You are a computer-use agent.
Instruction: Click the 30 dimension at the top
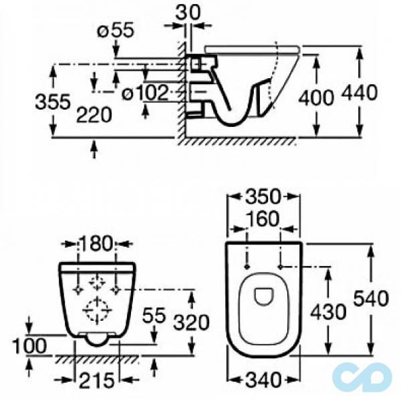point(188,13)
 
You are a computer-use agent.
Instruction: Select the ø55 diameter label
point(116,31)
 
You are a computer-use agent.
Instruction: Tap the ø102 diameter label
point(145,93)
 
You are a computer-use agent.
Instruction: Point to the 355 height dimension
point(53,102)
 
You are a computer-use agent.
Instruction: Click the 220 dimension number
point(94,115)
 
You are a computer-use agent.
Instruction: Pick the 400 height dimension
point(316,97)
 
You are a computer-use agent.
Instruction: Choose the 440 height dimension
point(360,92)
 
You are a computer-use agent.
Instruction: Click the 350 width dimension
point(263,196)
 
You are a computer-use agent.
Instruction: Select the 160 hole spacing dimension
point(263,219)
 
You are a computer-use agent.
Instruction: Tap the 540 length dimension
point(371,299)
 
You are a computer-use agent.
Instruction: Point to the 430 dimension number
point(328,312)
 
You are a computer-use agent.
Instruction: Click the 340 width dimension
point(263,380)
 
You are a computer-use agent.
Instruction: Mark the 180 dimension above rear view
point(96,243)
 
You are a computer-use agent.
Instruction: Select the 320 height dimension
point(191,322)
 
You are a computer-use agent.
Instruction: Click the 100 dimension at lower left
point(29,346)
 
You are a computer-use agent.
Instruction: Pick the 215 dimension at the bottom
point(97,380)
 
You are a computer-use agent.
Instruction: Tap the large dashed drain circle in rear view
point(97,311)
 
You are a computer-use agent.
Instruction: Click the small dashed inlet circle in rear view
point(97,282)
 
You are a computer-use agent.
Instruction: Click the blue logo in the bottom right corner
point(362,376)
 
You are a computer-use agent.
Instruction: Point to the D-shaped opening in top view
point(264,297)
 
